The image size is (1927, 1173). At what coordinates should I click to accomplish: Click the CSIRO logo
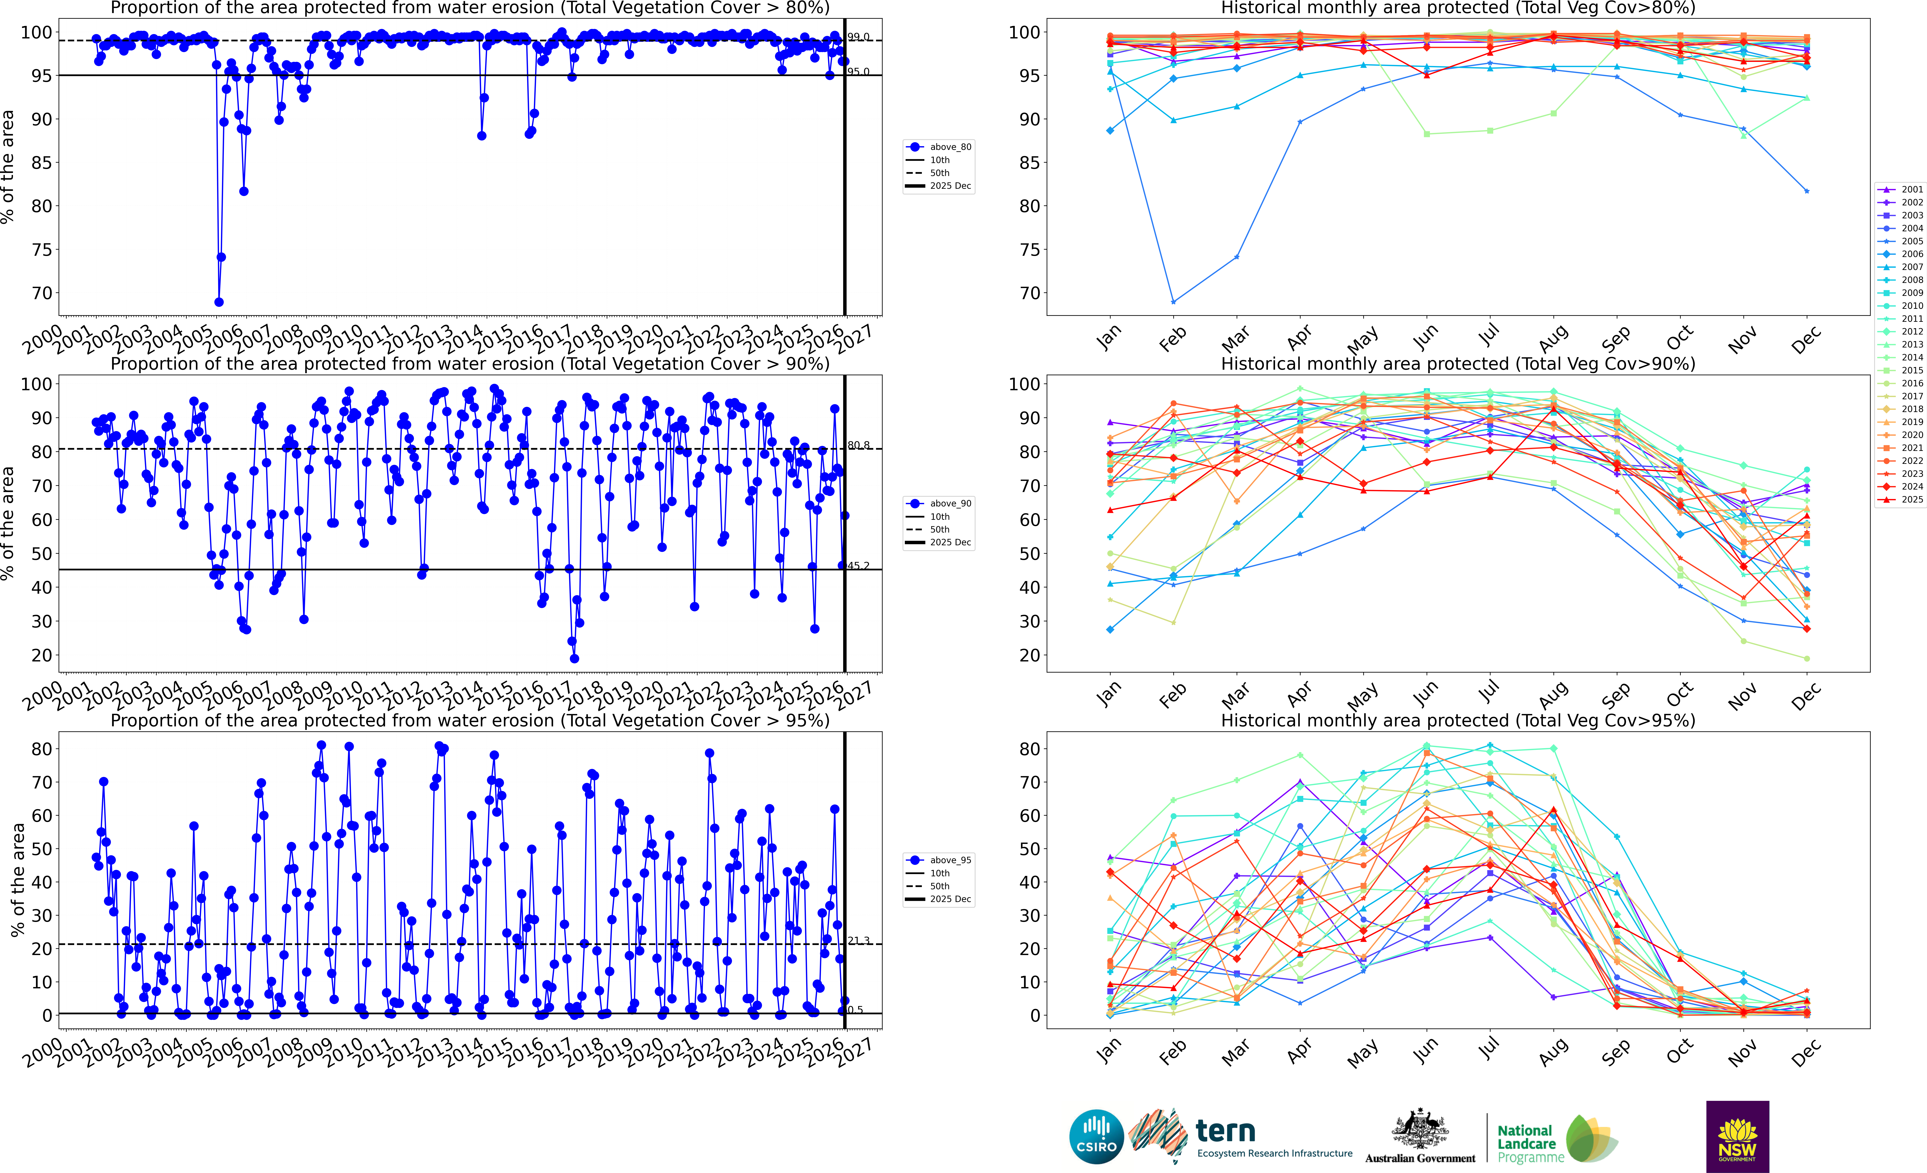[x=1096, y=1136]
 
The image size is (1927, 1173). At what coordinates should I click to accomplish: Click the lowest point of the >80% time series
[x=219, y=302]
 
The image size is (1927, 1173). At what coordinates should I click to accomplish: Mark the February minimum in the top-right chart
[x=1173, y=302]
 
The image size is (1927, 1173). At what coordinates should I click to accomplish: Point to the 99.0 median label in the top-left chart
[x=858, y=37]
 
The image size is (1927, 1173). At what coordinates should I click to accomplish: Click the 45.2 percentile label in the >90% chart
[x=858, y=565]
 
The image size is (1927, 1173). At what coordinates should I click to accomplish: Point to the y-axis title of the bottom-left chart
[x=17, y=880]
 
